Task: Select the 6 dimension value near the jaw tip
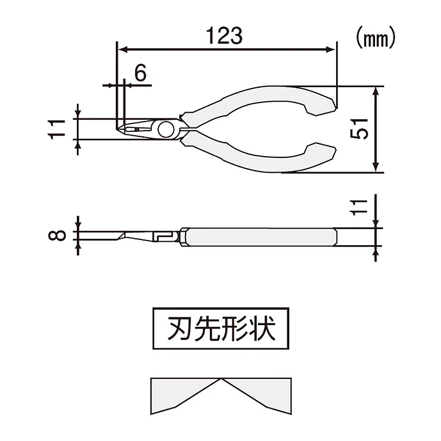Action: point(140,73)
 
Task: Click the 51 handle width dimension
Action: point(362,129)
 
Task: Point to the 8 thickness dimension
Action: point(58,235)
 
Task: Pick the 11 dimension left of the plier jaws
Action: point(58,129)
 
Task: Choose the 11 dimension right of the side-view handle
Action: point(362,207)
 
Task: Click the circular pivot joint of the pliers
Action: point(165,129)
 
